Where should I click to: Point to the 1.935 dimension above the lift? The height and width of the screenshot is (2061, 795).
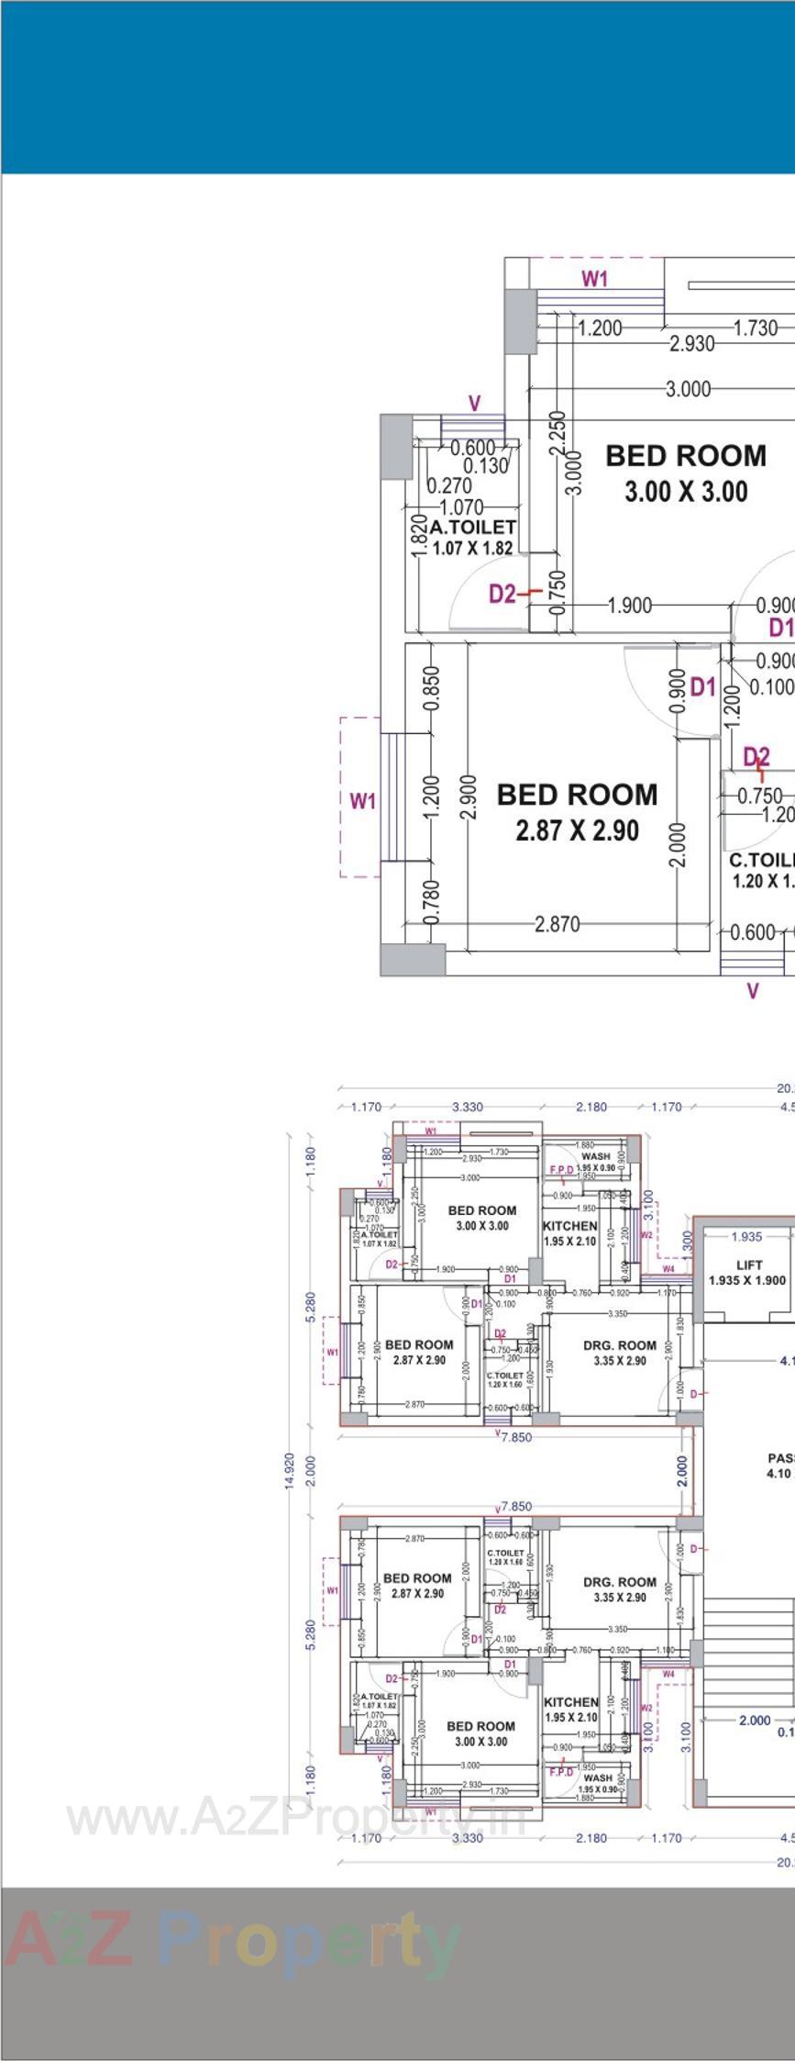(x=746, y=1236)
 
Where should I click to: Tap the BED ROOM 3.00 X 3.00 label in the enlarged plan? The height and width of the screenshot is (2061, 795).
(x=686, y=473)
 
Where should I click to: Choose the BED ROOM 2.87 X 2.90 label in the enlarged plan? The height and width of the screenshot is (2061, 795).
(x=577, y=811)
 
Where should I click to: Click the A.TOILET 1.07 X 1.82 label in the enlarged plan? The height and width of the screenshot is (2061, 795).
(x=472, y=538)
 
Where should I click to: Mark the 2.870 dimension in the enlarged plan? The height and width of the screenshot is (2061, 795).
(x=557, y=924)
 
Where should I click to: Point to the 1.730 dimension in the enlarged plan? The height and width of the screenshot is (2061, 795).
(x=756, y=328)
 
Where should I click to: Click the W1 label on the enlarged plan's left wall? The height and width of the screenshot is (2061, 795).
(x=363, y=801)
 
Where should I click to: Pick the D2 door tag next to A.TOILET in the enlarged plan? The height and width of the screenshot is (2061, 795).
(x=502, y=594)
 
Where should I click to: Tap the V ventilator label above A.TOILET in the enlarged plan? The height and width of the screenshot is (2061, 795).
(x=474, y=404)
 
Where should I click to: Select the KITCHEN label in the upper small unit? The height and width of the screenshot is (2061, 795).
(x=569, y=1226)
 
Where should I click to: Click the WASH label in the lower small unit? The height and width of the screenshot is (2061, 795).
(x=597, y=1777)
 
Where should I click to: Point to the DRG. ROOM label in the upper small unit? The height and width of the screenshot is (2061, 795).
(x=620, y=1345)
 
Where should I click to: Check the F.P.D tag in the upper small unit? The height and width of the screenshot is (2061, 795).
(x=561, y=1169)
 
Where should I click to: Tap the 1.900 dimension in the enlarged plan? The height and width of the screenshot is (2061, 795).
(x=630, y=606)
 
